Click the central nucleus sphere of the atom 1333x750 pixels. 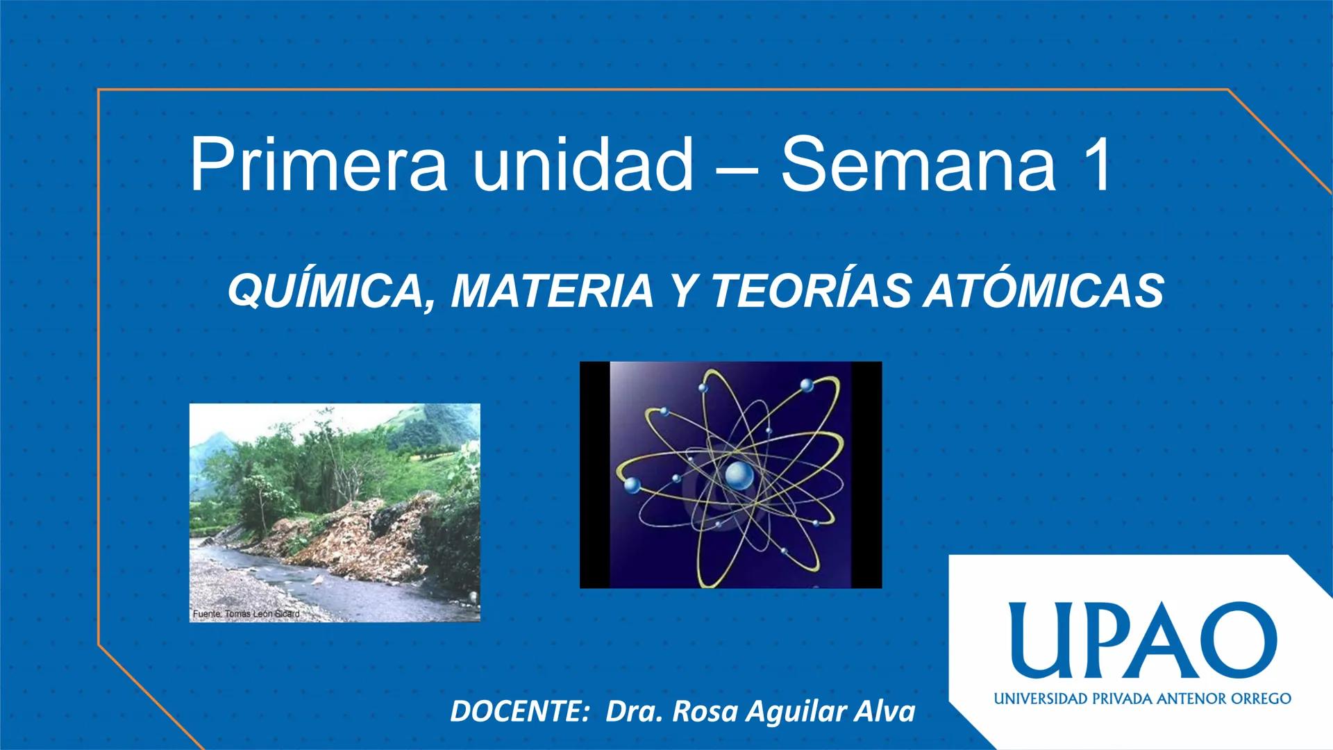pyautogui.click(x=738, y=476)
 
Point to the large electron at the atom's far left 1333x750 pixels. pyautogui.click(x=632, y=485)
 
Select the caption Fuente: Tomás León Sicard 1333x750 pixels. pyautogui.click(x=246, y=614)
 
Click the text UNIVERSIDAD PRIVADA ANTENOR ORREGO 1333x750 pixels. pyautogui.click(x=1142, y=698)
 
